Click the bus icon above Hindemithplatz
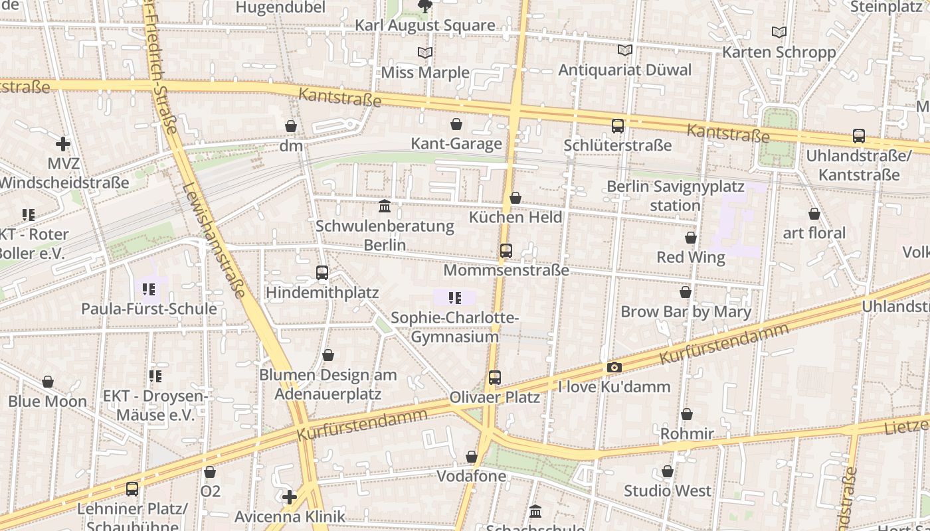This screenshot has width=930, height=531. pos(322,273)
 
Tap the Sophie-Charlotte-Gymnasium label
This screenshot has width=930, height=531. pos(454,327)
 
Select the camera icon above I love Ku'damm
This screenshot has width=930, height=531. pos(614,368)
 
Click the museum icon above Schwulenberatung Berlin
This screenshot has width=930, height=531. pos(385,206)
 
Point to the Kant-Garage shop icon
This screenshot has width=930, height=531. pos(456,124)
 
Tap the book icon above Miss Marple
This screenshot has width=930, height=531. pos(425,52)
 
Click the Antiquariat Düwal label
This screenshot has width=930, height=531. pos(624,70)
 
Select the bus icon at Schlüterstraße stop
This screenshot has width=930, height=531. pos(618,125)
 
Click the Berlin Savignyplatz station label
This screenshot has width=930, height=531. pos(675,196)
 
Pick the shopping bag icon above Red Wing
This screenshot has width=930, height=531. pos(691,238)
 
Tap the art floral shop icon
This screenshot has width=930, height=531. pos(814,214)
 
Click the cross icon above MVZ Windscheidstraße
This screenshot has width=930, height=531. pos(63,143)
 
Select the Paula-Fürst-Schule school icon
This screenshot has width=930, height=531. pos(149,289)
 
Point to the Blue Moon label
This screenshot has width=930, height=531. pos(48,402)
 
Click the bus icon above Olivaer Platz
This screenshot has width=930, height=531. pos(495,378)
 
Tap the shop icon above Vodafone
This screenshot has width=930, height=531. pos(472,457)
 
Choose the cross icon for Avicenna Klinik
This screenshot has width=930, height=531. pos(290,496)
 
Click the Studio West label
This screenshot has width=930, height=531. pos(667,491)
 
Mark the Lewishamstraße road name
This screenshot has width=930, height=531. pos(214,240)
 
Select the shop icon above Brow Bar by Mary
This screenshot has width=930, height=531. pos(686,292)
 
